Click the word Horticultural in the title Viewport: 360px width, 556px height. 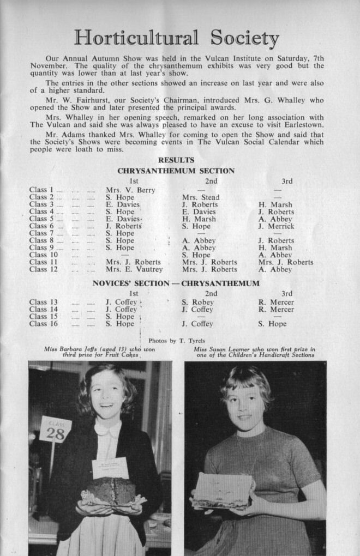pyautogui.click(x=137, y=38)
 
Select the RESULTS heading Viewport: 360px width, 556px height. pyautogui.click(x=176, y=160)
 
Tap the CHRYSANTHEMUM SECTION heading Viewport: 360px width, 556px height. pyautogui.click(x=176, y=171)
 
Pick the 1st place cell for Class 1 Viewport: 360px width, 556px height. pyautogui.click(x=130, y=190)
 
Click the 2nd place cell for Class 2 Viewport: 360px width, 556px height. pyautogui.click(x=201, y=197)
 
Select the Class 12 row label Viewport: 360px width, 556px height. pyautogui.click(x=44, y=269)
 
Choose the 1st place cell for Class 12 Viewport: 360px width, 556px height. pyautogui.click(x=134, y=269)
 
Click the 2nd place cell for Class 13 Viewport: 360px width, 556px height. pyautogui.click(x=198, y=302)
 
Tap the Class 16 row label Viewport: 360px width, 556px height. pyautogui.click(x=44, y=324)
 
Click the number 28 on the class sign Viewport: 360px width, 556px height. pyautogui.click(x=55, y=433)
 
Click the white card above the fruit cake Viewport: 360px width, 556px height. pyautogui.click(x=110, y=468)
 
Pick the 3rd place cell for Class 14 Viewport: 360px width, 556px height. pyautogui.click(x=276, y=310)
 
